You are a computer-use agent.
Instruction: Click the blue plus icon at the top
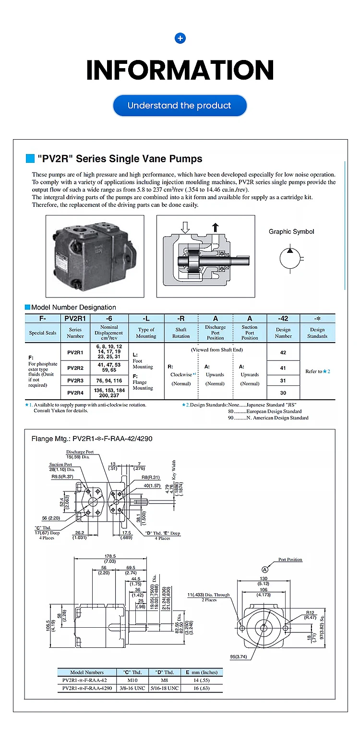[x=180, y=38]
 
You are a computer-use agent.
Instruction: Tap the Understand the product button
[x=180, y=106]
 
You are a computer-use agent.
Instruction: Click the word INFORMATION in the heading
[x=180, y=70]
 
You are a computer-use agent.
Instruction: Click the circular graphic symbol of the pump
[x=289, y=258]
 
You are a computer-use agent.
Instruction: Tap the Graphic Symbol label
[x=291, y=231]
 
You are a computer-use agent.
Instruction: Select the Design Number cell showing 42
[x=283, y=352]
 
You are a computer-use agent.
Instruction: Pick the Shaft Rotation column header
[x=181, y=333]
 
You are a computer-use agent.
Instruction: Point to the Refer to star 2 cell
[x=317, y=371]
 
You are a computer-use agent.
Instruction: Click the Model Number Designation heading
[x=73, y=307]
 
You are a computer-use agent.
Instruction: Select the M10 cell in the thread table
[x=132, y=680]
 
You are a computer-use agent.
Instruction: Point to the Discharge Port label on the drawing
[x=80, y=452]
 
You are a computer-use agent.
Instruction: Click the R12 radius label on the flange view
[x=310, y=613]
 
